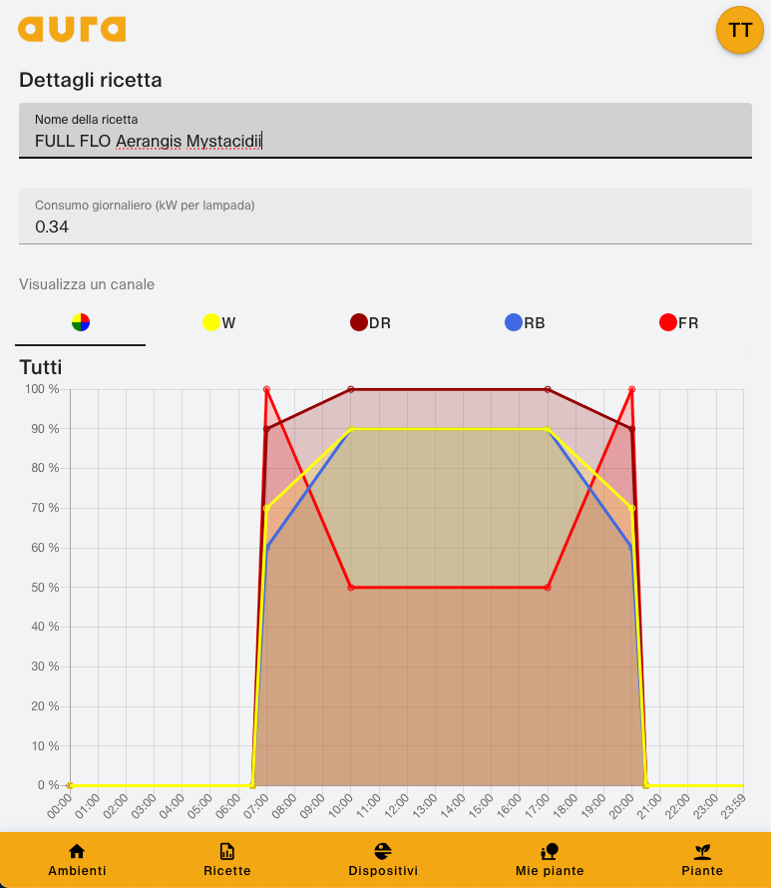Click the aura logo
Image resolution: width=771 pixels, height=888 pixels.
point(72,29)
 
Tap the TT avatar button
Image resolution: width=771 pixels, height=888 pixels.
point(740,30)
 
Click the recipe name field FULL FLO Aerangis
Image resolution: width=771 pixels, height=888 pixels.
point(385,141)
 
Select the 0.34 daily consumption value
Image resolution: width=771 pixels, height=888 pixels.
point(52,226)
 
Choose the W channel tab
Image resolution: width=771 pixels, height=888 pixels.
point(219,322)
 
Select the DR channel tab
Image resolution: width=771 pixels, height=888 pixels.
point(370,322)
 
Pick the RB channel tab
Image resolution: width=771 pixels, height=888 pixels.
point(525,322)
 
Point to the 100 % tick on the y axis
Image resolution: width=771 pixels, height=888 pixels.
point(41,389)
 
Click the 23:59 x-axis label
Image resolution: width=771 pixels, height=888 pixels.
point(735,804)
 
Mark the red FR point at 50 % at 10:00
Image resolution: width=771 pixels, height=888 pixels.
point(351,588)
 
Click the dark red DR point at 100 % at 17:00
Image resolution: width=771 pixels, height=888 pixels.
point(548,389)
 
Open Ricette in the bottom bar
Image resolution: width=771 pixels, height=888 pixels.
point(227,859)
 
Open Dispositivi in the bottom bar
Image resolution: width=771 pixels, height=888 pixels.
point(383,859)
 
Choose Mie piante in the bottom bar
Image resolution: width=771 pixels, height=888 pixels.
point(549,859)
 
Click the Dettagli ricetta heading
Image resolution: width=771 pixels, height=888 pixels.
point(91,80)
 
